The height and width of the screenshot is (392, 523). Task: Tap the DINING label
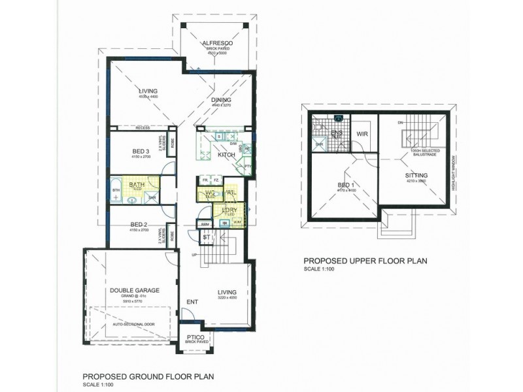point(221,100)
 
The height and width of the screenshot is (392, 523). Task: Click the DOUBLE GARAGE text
point(135,290)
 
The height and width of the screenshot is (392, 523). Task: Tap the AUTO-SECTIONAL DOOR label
point(135,324)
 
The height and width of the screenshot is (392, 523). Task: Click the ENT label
point(192,302)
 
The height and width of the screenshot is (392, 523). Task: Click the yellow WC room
point(210,193)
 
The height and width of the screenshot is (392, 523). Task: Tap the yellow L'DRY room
point(229,211)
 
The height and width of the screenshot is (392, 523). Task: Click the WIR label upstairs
point(363,135)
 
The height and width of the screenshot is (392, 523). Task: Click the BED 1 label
point(346,186)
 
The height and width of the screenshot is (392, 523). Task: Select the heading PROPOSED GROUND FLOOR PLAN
point(148,376)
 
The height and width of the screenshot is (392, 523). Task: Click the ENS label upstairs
point(337,132)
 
